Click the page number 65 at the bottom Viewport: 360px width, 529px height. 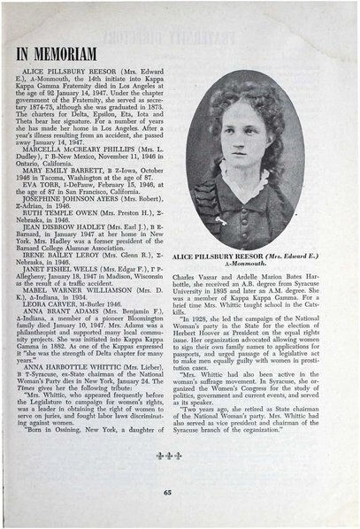(180, 492)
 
